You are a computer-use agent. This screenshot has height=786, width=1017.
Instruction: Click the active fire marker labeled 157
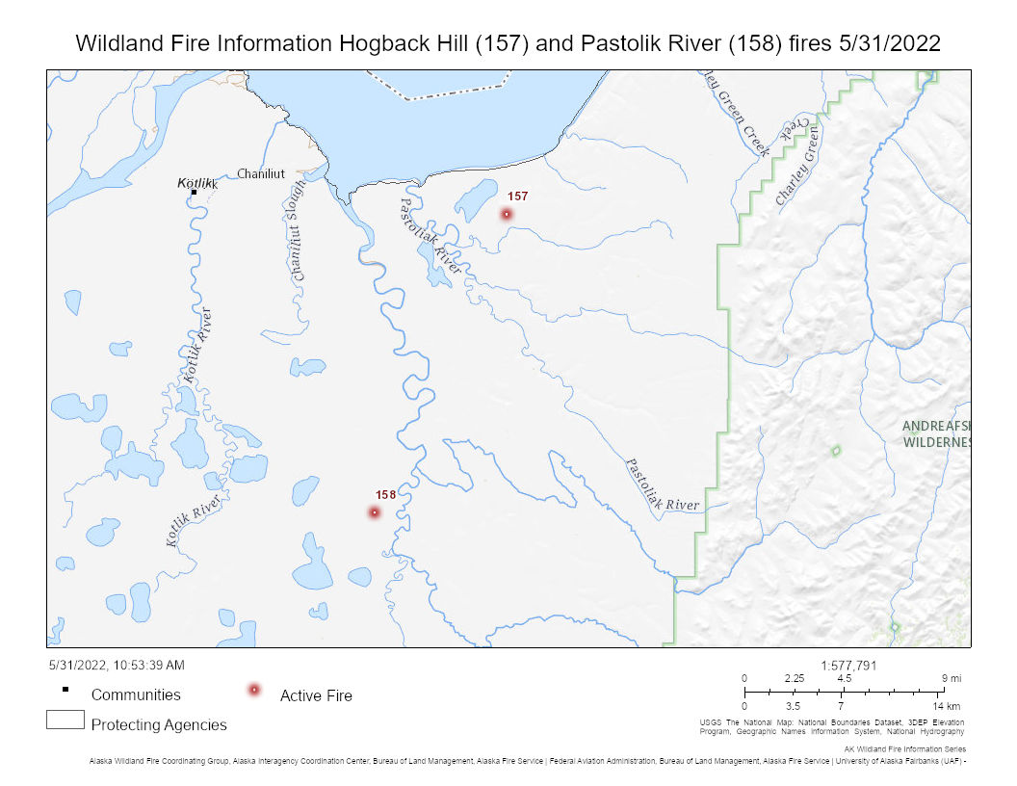507,214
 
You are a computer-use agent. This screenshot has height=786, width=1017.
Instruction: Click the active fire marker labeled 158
375,512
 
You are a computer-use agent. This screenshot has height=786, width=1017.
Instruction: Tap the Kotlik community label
198,182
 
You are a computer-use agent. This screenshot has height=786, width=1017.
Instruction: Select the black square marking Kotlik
194,193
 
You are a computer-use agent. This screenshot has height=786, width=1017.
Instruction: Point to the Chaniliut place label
262,173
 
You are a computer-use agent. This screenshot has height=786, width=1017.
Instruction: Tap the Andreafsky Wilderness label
935,434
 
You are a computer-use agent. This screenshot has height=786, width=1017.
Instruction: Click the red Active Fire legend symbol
254,690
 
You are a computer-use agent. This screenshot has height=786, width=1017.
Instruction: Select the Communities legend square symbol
65,689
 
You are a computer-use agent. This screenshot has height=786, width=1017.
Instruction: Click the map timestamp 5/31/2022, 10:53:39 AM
116,665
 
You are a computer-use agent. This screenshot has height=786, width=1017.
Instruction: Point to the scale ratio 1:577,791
849,665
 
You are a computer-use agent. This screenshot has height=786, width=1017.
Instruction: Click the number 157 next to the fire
518,196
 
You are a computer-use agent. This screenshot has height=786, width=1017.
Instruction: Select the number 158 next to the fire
385,495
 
